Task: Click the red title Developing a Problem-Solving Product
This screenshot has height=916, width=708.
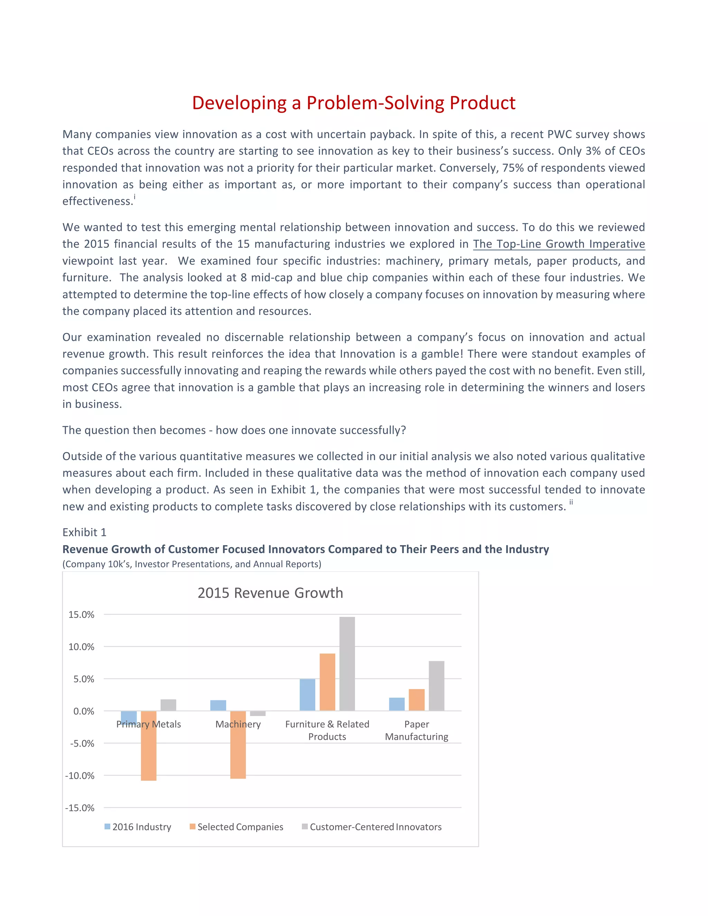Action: (x=354, y=103)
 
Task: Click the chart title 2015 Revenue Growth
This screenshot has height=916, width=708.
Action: (x=270, y=592)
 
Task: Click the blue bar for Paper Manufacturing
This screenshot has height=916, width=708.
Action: (x=397, y=704)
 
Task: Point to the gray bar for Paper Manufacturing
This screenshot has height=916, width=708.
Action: (x=436, y=686)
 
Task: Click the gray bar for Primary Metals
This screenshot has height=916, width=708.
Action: (x=168, y=705)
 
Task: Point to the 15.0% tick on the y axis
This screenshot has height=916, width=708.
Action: (x=81, y=615)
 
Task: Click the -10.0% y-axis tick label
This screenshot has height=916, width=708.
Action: (x=80, y=776)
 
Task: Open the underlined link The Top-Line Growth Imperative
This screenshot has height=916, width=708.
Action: (x=559, y=244)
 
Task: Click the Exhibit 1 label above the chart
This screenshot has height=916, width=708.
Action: (x=84, y=532)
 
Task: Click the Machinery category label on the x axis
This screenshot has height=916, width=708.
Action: (x=238, y=724)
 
